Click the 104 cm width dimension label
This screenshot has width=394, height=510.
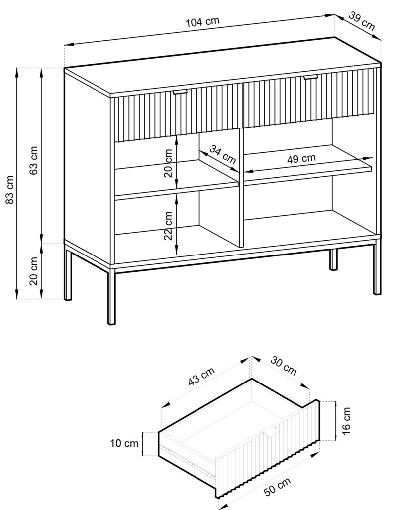(x=202, y=22)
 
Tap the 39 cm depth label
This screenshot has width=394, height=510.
(x=362, y=22)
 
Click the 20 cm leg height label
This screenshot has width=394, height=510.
(x=34, y=271)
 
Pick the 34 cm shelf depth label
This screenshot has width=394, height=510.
(x=222, y=155)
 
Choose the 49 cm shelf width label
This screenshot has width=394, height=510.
(x=301, y=159)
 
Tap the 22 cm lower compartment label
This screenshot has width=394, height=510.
(x=169, y=226)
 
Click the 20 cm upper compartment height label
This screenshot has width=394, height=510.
(x=169, y=166)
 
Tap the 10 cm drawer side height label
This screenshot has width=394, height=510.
(x=124, y=443)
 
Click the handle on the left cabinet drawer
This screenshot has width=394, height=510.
(x=180, y=93)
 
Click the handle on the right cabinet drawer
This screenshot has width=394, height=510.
(x=311, y=77)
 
